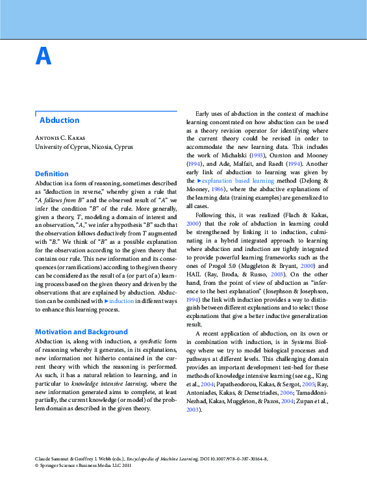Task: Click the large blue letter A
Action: [x=43, y=58]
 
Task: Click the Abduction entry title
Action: [x=59, y=120]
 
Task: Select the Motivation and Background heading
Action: [x=81, y=332]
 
